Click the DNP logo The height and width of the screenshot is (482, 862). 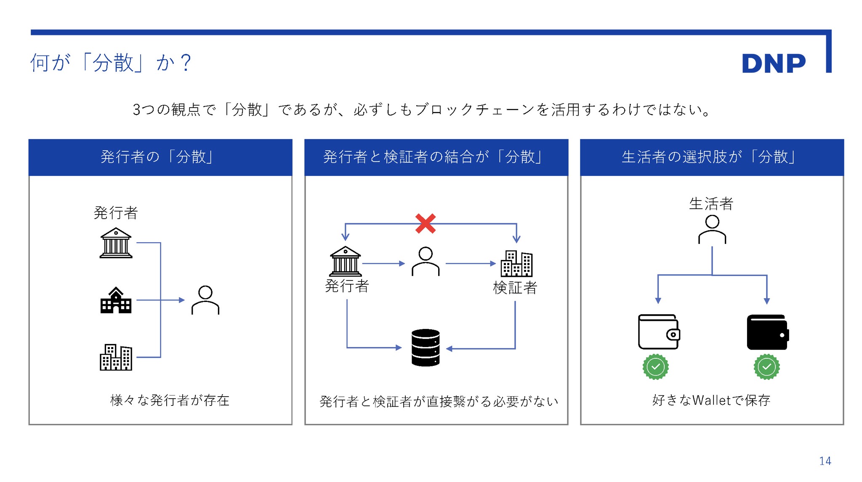(x=773, y=64)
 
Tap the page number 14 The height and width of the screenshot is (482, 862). (x=825, y=461)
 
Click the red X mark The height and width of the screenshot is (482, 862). (x=425, y=223)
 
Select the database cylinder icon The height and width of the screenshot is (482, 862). (x=426, y=347)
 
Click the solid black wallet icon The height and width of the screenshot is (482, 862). (x=767, y=332)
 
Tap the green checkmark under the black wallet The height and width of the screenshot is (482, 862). (x=766, y=367)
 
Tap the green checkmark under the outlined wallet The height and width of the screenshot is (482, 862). (x=655, y=367)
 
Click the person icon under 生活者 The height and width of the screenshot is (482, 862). (x=712, y=229)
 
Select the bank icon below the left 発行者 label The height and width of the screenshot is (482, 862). (x=116, y=243)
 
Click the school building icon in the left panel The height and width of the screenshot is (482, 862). (x=116, y=300)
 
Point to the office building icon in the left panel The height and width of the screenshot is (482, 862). (x=116, y=357)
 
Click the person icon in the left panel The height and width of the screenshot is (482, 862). (x=205, y=300)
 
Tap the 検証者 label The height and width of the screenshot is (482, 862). (x=515, y=288)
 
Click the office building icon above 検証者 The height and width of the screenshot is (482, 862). (x=516, y=263)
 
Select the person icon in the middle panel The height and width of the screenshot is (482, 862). (x=426, y=261)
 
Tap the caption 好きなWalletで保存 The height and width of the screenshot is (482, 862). (x=711, y=400)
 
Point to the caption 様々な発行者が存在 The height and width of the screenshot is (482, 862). (x=170, y=400)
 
